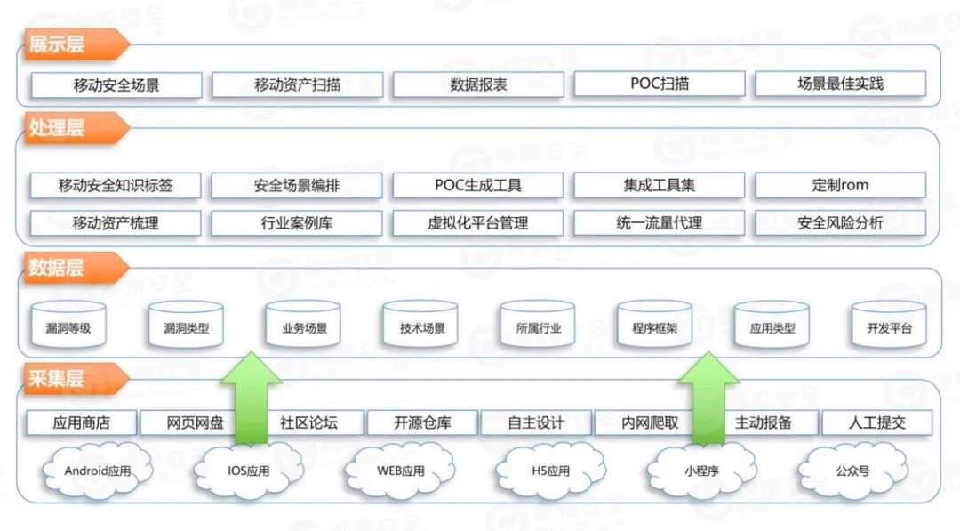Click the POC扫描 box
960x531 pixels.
(x=660, y=84)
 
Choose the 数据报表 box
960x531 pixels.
(x=478, y=84)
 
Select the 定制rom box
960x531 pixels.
(x=841, y=185)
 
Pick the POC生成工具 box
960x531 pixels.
(x=477, y=185)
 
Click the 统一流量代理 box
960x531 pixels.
(x=660, y=223)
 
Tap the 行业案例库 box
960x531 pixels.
(x=297, y=223)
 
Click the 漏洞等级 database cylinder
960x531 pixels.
(x=68, y=324)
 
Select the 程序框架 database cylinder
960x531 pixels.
(x=654, y=324)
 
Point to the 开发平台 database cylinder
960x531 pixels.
(x=889, y=324)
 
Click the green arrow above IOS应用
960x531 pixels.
(x=251, y=398)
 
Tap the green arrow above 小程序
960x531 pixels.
(x=708, y=398)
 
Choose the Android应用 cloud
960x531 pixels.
(x=98, y=471)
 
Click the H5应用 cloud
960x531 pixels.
(x=550, y=471)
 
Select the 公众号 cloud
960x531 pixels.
(x=852, y=471)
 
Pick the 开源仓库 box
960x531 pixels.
(x=422, y=422)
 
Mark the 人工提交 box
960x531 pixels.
(x=876, y=422)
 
